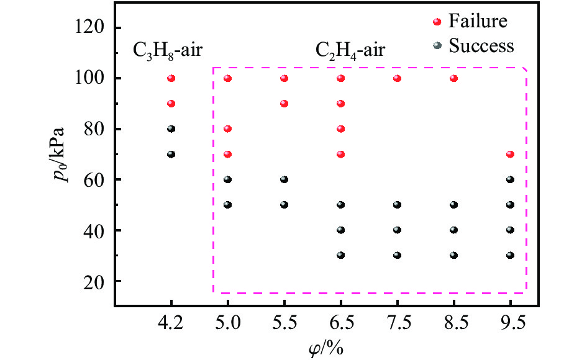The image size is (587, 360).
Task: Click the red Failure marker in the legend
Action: coord(437,22)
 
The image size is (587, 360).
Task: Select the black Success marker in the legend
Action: coord(437,46)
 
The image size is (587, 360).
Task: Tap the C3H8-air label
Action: coord(167,51)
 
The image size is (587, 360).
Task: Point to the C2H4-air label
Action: coord(350,51)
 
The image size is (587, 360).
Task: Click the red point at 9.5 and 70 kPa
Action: coord(511,154)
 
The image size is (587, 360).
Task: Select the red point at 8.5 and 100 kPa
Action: coord(453,78)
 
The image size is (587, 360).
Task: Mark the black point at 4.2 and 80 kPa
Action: coord(171,129)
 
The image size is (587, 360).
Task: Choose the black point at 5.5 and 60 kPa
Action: coord(284,179)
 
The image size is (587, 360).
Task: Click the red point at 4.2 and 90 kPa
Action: coord(171,104)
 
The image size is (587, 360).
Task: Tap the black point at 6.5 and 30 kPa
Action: coord(340,255)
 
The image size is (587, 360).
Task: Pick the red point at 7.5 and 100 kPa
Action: coord(397,78)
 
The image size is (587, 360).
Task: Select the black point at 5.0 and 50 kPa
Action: coord(227,205)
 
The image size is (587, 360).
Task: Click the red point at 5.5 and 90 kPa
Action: coord(284,104)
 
